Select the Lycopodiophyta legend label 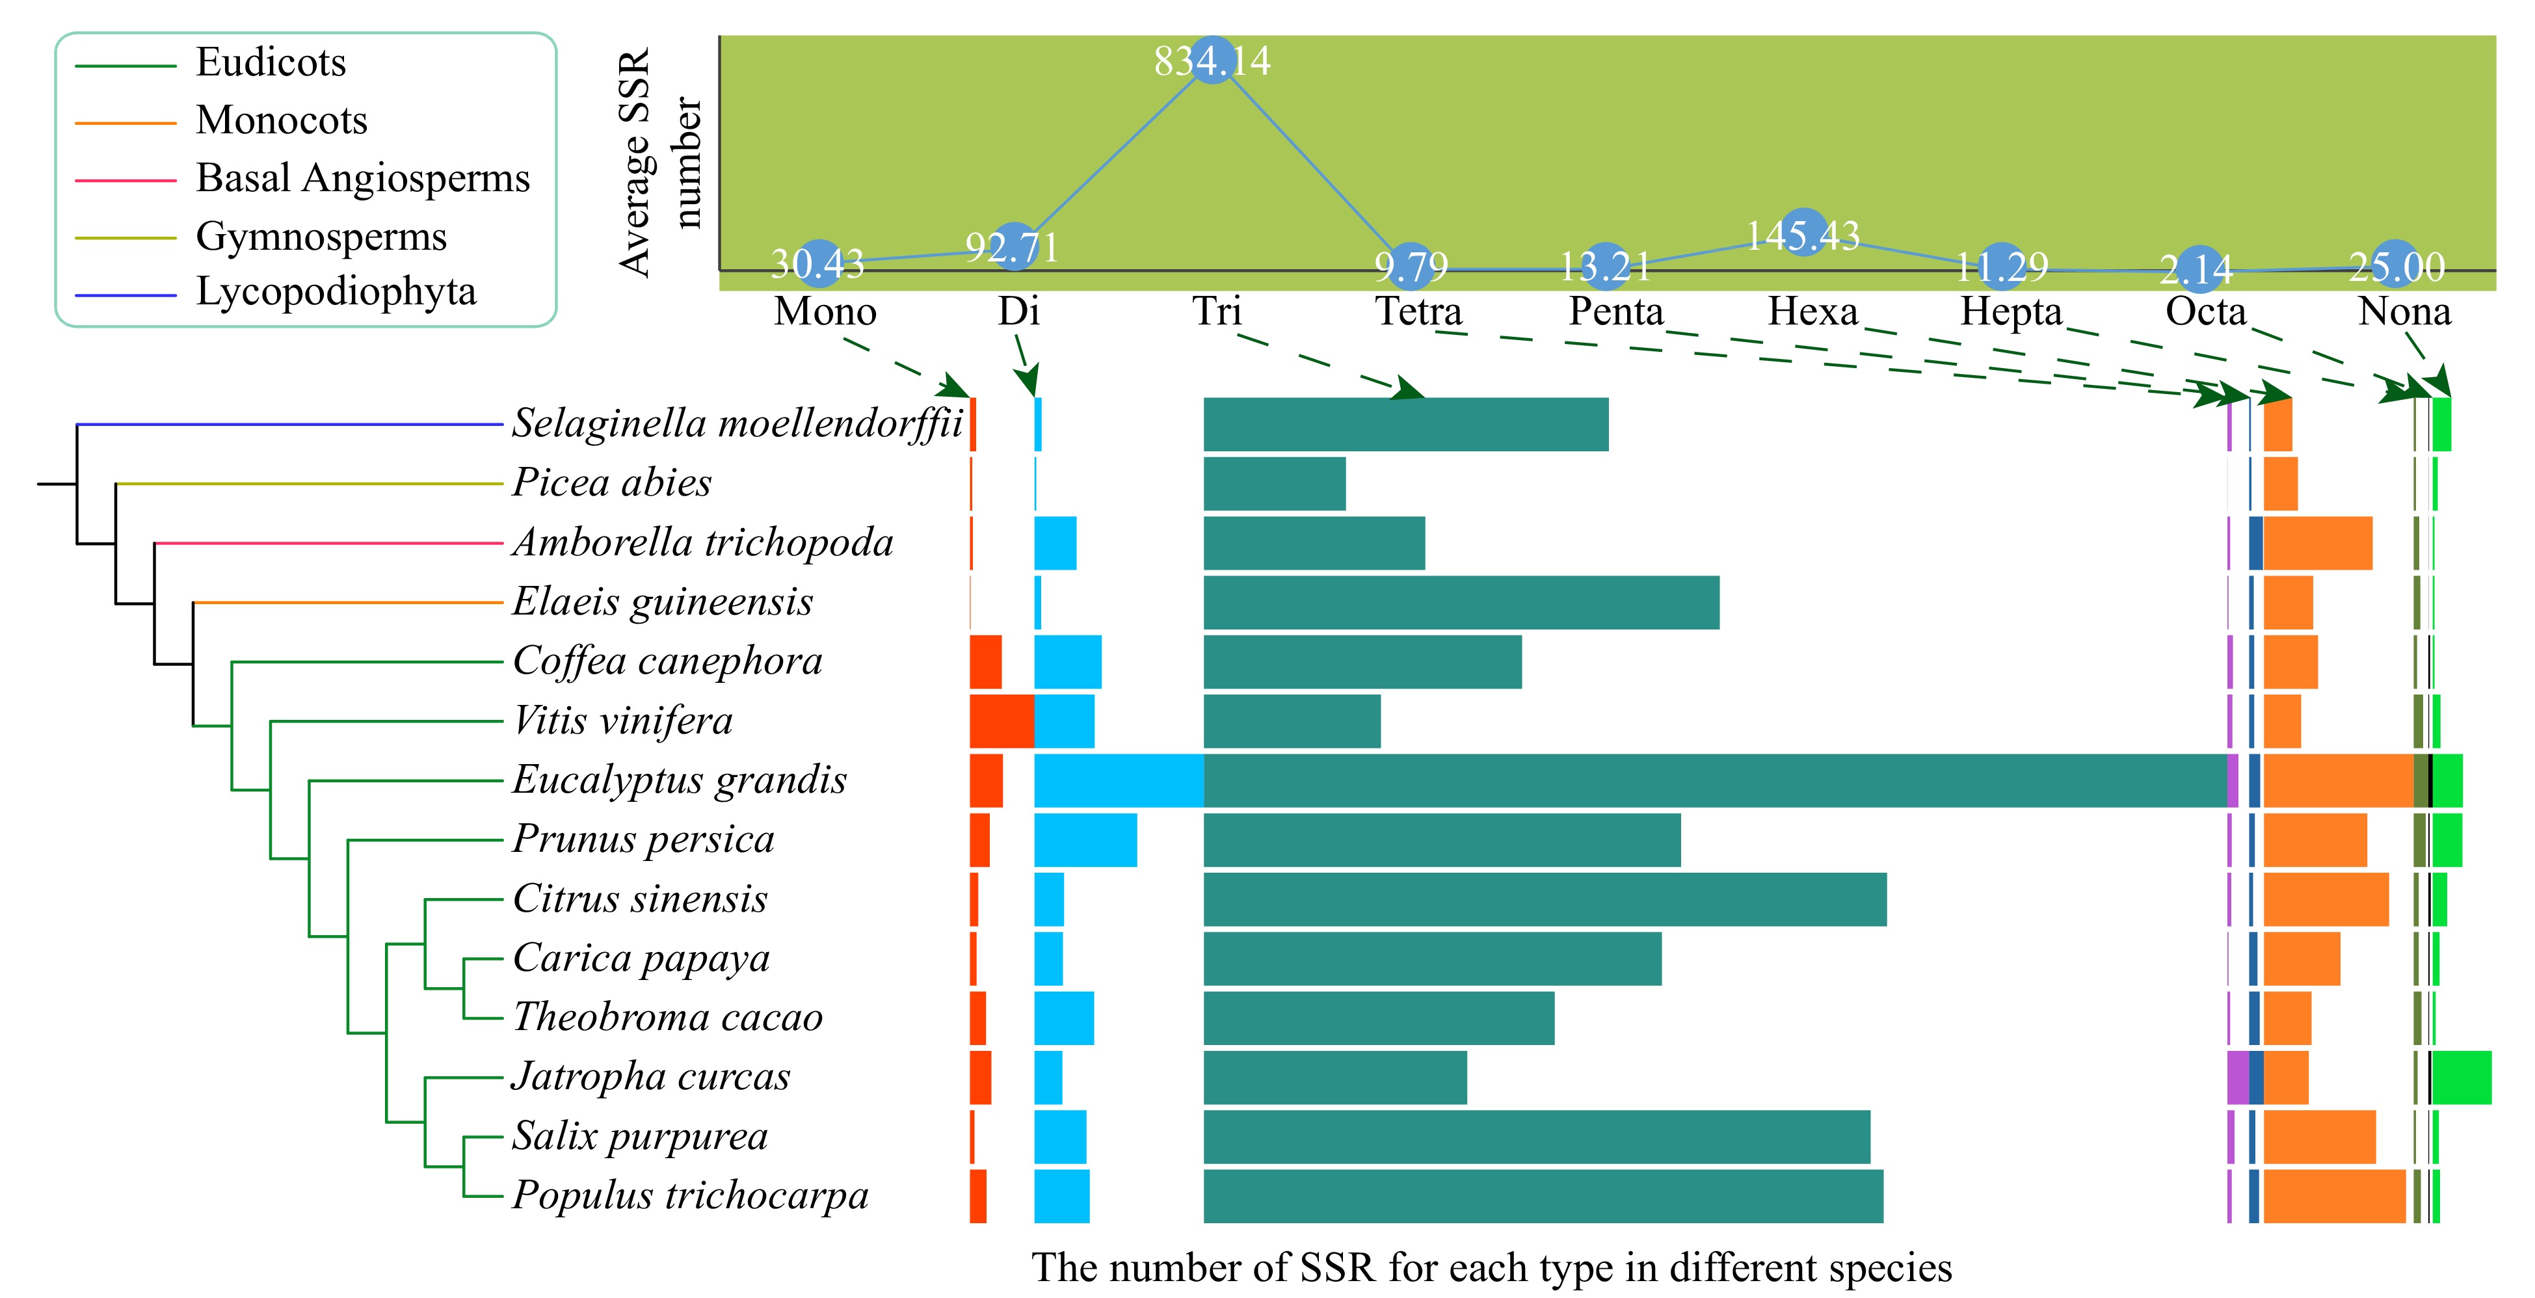point(336,292)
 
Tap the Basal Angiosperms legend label point(362,178)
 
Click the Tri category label point(1217,312)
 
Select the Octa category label point(2205,312)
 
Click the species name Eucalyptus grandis point(679,780)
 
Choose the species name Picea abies point(611,483)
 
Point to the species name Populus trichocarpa point(690,1196)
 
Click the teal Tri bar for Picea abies point(1273,483)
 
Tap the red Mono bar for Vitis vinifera point(1001,721)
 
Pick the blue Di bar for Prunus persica point(1085,840)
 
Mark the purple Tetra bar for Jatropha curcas point(2237,1078)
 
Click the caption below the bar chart point(1491,1267)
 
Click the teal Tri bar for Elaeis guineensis point(1461,602)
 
